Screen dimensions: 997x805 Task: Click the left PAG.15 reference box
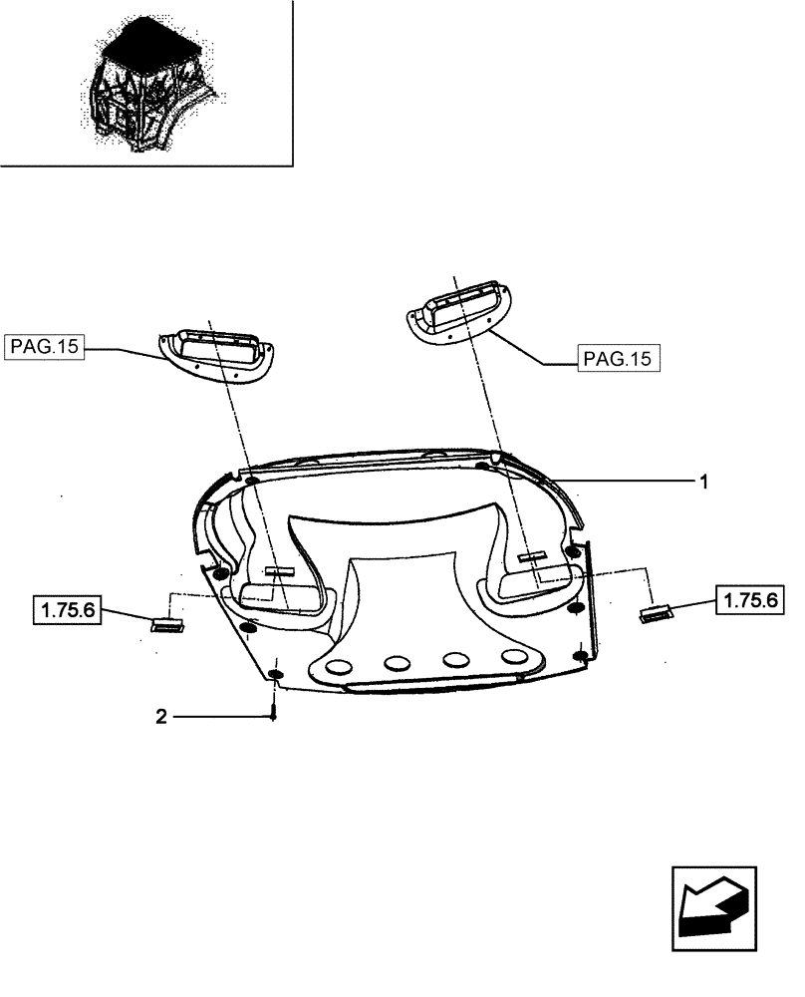pyautogui.click(x=44, y=347)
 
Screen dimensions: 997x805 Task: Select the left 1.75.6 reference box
pyautogui.click(x=68, y=608)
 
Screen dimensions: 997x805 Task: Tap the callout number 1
pyautogui.click(x=703, y=482)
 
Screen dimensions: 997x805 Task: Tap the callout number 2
pyautogui.click(x=161, y=715)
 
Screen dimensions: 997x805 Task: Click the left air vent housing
pyautogui.click(x=217, y=351)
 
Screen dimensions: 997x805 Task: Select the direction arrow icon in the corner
pyautogui.click(x=710, y=902)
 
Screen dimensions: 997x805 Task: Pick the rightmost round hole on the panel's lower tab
pyautogui.click(x=515, y=656)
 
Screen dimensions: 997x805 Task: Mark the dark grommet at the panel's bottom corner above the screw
pyautogui.click(x=276, y=678)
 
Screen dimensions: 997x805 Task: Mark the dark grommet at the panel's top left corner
pyautogui.click(x=250, y=483)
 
